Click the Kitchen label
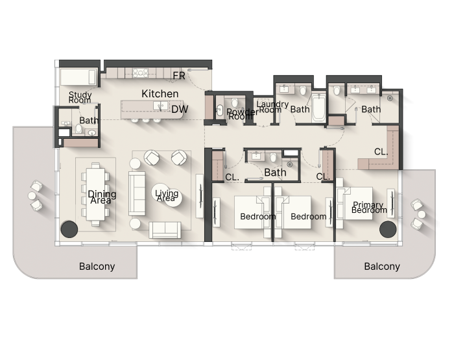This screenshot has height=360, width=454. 160,93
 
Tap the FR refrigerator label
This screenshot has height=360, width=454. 178,76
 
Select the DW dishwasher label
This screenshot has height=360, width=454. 180,109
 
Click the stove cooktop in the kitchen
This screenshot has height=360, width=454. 141,73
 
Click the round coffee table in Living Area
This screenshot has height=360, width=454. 167,195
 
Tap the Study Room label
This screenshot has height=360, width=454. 80,97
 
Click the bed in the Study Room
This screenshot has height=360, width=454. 78,77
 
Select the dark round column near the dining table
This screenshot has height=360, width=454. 69,230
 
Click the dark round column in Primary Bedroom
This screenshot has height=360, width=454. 388,230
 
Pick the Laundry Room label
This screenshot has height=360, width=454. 272,106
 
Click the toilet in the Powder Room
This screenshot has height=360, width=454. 235,102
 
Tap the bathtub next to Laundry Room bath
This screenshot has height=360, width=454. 319,108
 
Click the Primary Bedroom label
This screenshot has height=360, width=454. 369,208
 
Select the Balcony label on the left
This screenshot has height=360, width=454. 97,266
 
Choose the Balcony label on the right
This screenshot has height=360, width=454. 382,266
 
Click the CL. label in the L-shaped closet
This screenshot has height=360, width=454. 381,152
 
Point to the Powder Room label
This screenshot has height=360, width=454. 241,114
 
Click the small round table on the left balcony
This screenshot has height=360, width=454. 32,196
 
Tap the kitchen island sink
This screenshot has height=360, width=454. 160,106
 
